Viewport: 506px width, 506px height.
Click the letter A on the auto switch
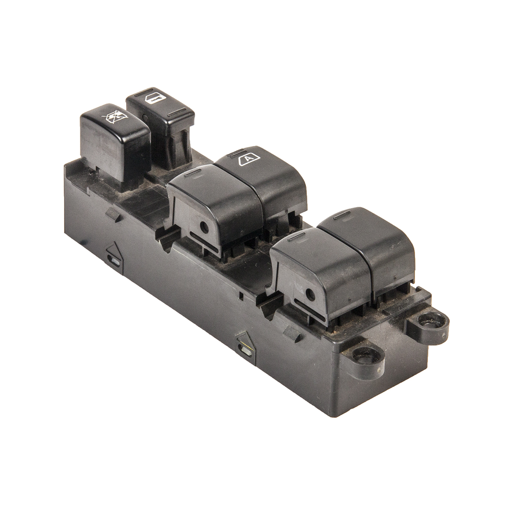[248, 159]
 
